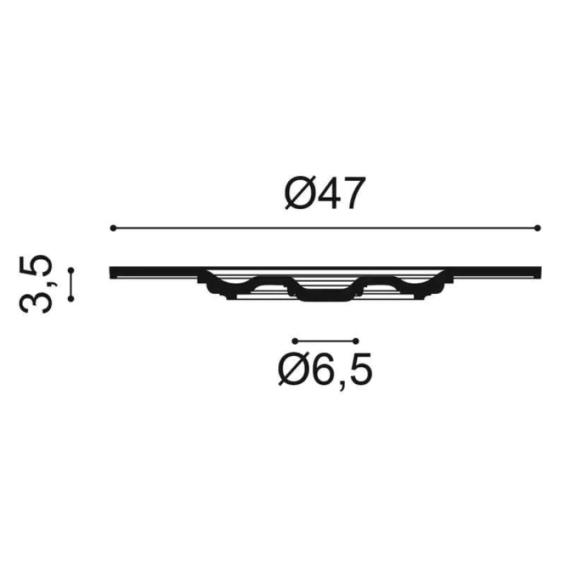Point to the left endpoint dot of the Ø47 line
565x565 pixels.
(113, 227)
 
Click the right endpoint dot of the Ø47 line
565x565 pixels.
(537, 227)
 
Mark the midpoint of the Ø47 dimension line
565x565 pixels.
(325, 227)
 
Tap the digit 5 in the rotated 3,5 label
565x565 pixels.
(37, 268)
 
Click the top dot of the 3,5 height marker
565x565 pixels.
(71, 270)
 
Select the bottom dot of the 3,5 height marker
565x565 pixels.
(71, 299)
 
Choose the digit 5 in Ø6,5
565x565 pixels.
(358, 369)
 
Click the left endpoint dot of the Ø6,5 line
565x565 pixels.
(294, 340)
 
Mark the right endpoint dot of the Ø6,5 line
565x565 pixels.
(357, 340)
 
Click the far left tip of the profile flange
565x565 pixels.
(112, 272)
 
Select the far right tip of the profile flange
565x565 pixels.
(540, 272)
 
